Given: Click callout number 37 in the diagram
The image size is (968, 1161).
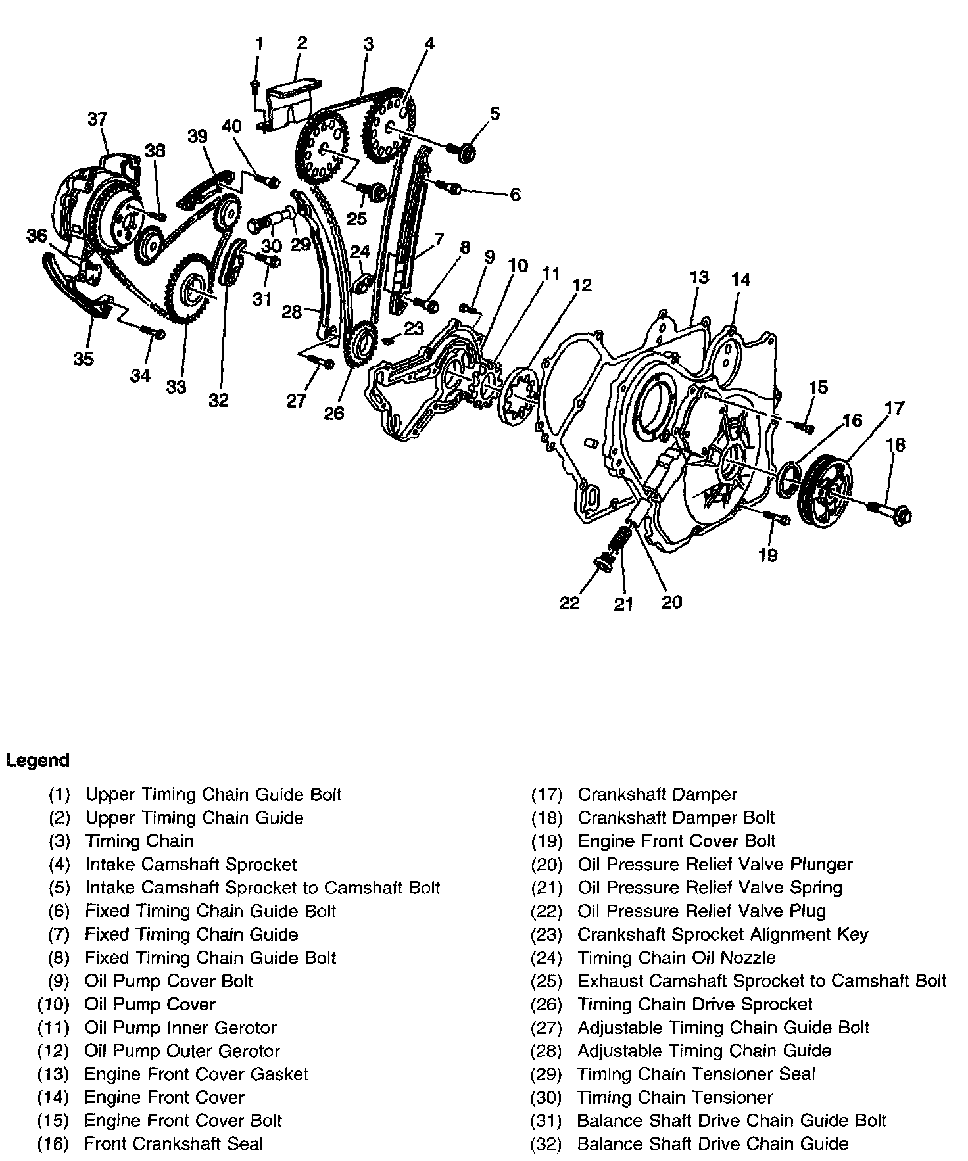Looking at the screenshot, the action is [x=97, y=119].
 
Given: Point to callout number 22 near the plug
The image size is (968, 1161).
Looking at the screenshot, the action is [x=570, y=602].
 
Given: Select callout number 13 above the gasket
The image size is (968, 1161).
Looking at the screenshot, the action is [x=699, y=277].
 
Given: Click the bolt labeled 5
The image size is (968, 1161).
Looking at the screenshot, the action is [x=462, y=151].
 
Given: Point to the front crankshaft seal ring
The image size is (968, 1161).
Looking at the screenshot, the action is [x=788, y=475].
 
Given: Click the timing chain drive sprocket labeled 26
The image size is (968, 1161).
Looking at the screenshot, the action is [x=360, y=344].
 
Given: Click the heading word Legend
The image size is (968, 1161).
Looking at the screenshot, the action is [x=37, y=761].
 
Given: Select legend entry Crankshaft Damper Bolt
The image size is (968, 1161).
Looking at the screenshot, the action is [x=676, y=818].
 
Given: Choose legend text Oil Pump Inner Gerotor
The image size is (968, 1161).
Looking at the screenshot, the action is [x=180, y=1028].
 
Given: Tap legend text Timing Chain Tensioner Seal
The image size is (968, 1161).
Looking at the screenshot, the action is [x=696, y=1074].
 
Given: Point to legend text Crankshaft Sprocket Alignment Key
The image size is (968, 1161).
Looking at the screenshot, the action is [x=723, y=934].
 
